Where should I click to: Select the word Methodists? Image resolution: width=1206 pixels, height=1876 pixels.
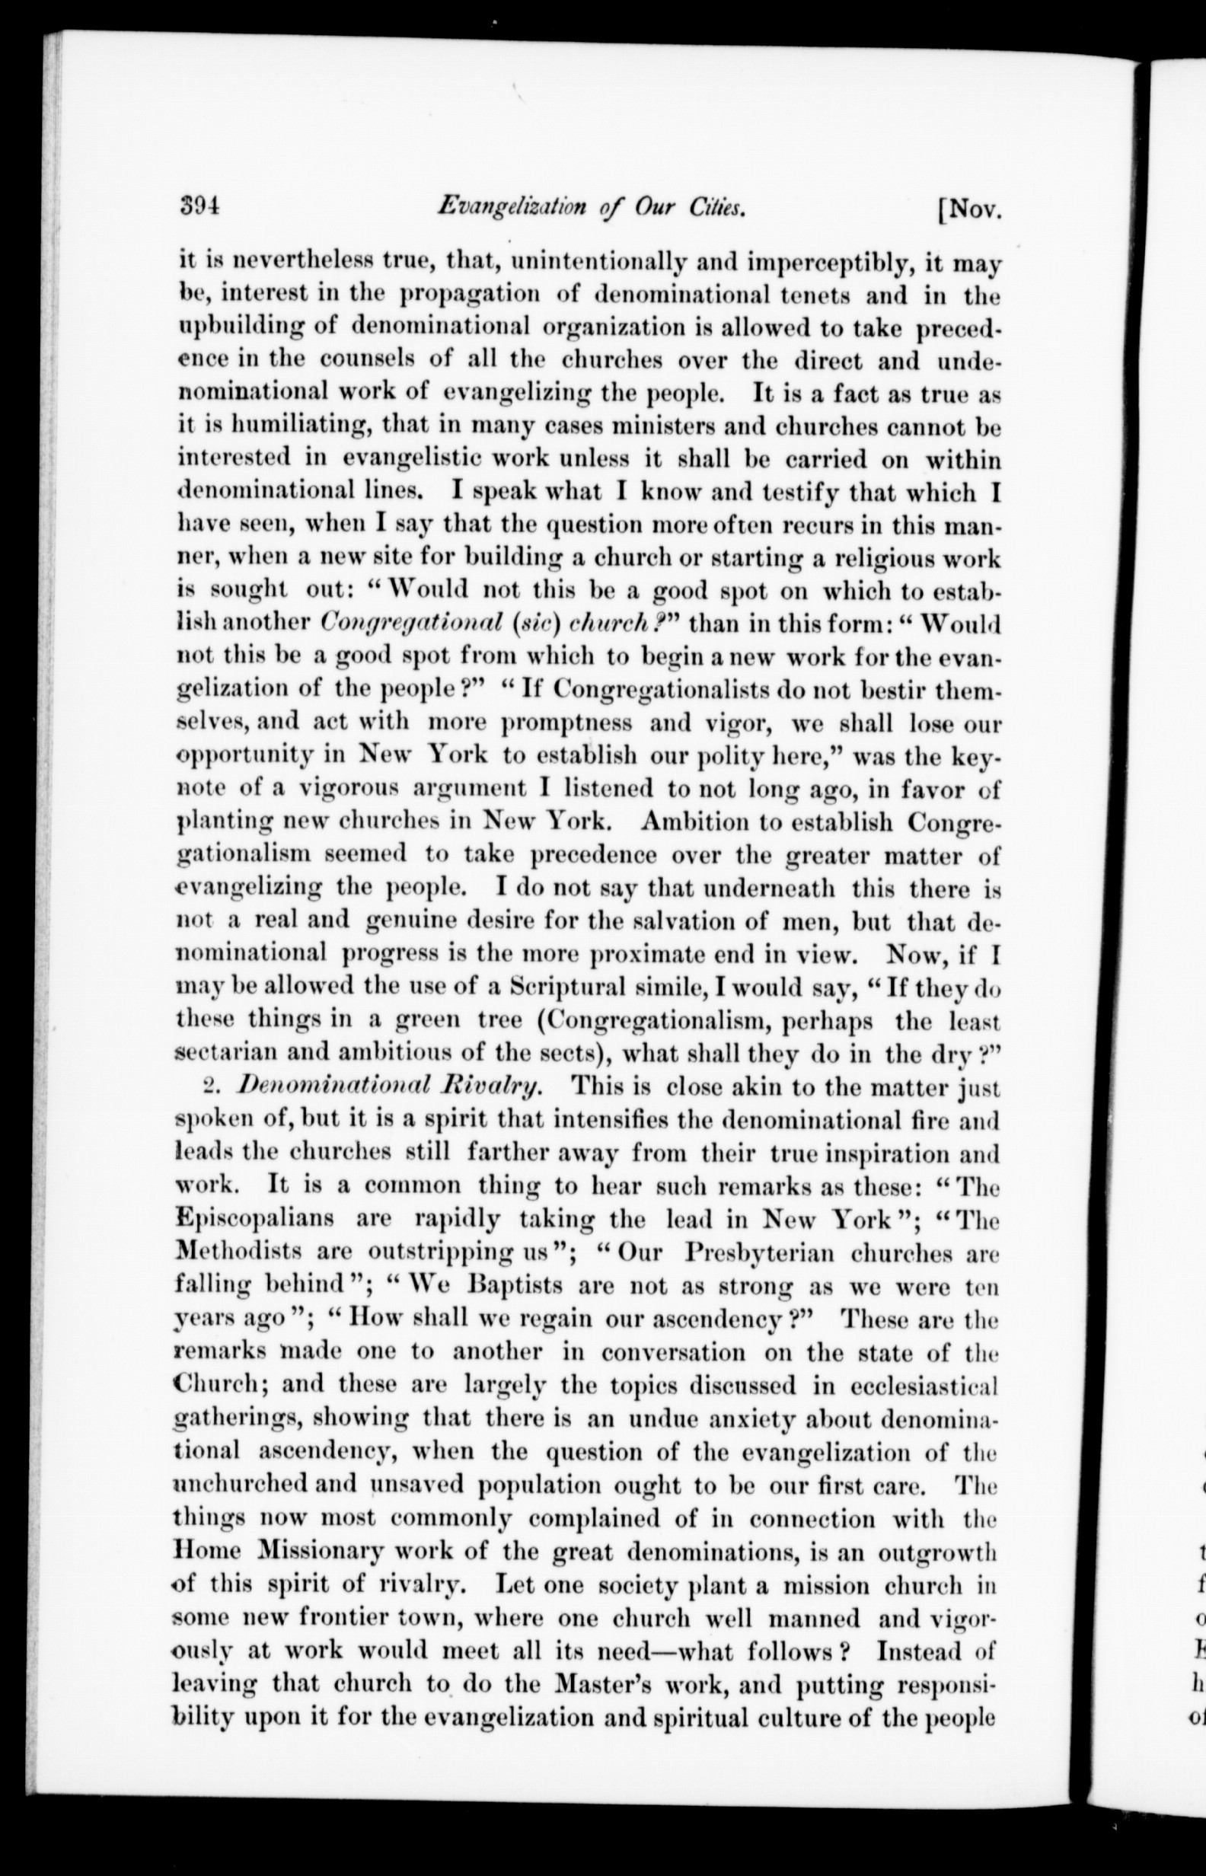(249, 1252)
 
